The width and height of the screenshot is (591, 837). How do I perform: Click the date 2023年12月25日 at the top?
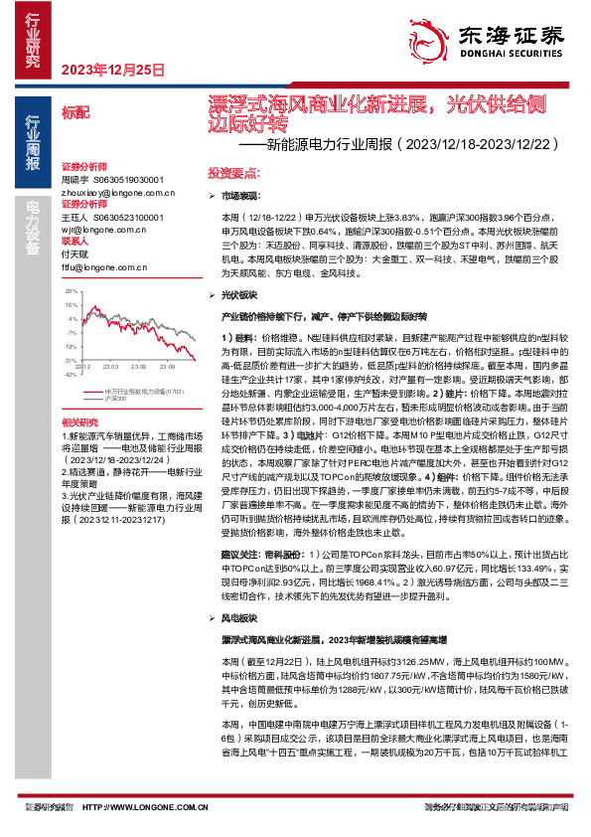pos(112,70)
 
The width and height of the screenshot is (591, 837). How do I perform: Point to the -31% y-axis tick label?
pos(70,360)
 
